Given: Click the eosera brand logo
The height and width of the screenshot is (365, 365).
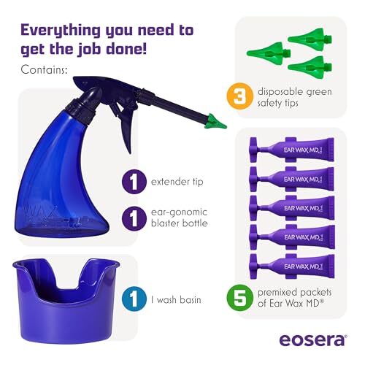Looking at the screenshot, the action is [x=313, y=339].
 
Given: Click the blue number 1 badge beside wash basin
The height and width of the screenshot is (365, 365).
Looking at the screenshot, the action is [x=134, y=299].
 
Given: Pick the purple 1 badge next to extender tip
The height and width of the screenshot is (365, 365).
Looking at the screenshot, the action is [x=134, y=182].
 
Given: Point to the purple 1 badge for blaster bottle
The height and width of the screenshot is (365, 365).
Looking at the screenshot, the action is [x=134, y=218].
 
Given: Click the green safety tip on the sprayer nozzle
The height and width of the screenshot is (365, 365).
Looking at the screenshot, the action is [x=215, y=122].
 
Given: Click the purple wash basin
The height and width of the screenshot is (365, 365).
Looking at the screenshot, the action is [x=65, y=301].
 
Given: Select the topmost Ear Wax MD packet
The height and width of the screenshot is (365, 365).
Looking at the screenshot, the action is [x=292, y=150].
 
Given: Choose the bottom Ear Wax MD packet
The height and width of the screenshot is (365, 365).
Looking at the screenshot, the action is [x=292, y=266].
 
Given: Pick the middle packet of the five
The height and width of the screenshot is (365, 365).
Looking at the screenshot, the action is [x=292, y=208].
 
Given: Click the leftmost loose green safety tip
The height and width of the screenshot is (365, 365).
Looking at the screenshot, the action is [x=269, y=53].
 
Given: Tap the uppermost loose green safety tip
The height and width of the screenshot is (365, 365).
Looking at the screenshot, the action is [x=310, y=39].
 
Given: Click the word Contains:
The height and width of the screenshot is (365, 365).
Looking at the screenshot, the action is [x=44, y=70].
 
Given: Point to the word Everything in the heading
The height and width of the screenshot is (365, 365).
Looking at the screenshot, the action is [x=61, y=31].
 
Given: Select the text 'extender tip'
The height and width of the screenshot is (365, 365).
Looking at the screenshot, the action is [x=177, y=182].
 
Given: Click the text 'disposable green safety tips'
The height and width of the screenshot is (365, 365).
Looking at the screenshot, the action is [x=295, y=97].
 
